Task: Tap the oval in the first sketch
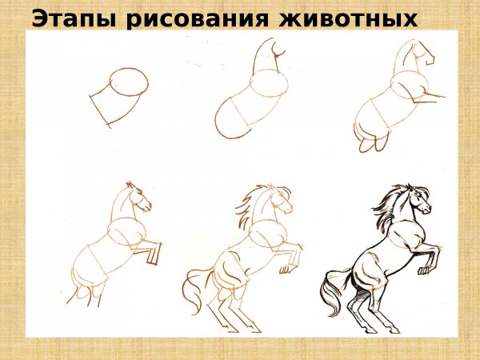(127, 82)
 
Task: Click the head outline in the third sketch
(416, 54)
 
